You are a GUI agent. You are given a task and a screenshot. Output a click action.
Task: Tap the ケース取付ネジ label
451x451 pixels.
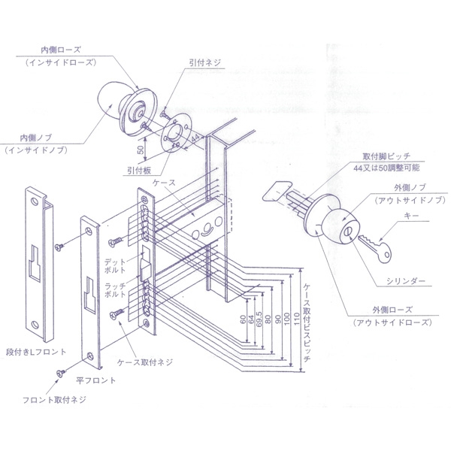[145, 362]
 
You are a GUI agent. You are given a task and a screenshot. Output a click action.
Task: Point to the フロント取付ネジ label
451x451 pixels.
[55, 399]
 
